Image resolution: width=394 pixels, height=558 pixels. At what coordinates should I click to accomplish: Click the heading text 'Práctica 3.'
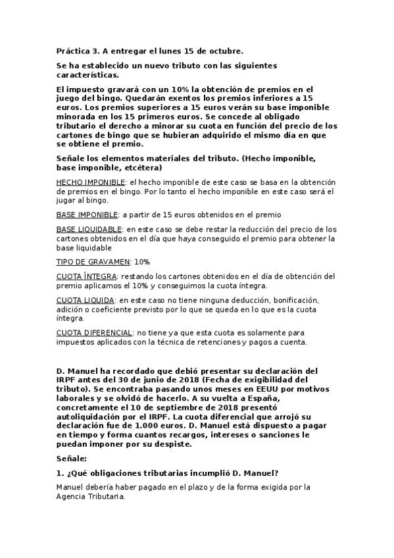[x=80, y=51]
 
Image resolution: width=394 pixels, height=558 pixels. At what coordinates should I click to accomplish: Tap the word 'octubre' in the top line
[x=225, y=51]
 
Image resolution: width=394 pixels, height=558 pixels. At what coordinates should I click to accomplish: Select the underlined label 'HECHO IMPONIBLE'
[x=90, y=182]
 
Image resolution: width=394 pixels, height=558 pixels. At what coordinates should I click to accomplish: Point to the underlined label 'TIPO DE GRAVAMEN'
[x=93, y=262]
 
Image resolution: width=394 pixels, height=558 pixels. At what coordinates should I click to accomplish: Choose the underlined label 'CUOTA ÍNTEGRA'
[x=87, y=276]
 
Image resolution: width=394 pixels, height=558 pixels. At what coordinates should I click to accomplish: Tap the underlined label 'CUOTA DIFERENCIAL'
[x=95, y=333]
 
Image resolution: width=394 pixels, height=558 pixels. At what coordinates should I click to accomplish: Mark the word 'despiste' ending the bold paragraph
[x=172, y=444]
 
